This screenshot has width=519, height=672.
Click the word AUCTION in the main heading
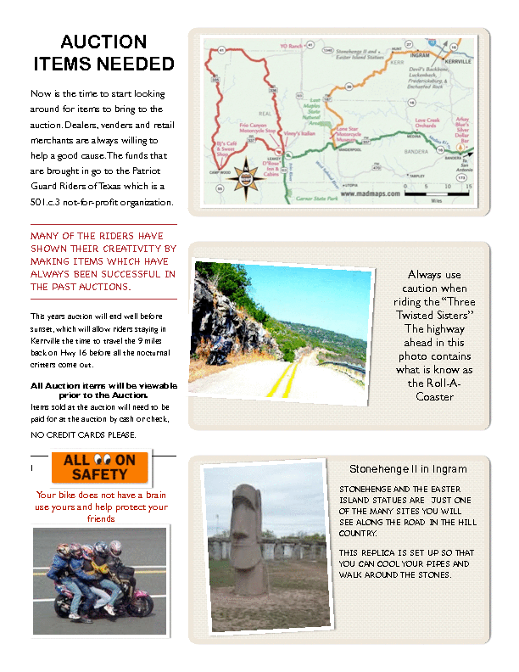point(103,42)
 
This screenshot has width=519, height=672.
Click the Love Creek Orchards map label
point(427,125)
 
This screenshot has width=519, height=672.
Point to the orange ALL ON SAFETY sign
point(100,468)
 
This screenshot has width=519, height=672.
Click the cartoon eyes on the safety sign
point(100,459)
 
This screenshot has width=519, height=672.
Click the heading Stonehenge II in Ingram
point(408,469)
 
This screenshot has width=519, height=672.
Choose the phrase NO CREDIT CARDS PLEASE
point(83,435)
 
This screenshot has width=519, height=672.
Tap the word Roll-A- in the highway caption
point(440,383)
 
